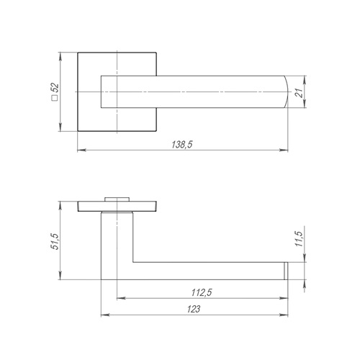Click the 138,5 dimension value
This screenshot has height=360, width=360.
click(182, 145)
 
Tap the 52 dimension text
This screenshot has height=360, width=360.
click(55, 87)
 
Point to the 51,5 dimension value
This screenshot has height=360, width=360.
click(55, 241)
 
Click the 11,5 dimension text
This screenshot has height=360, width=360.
click(300, 239)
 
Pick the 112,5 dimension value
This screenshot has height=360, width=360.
click(202, 292)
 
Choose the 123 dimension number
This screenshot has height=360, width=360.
click(194, 309)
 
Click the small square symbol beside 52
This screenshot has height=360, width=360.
click(55, 98)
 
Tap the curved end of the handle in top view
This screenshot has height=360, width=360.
click(286, 91)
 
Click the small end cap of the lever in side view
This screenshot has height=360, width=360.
click(286, 271)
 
